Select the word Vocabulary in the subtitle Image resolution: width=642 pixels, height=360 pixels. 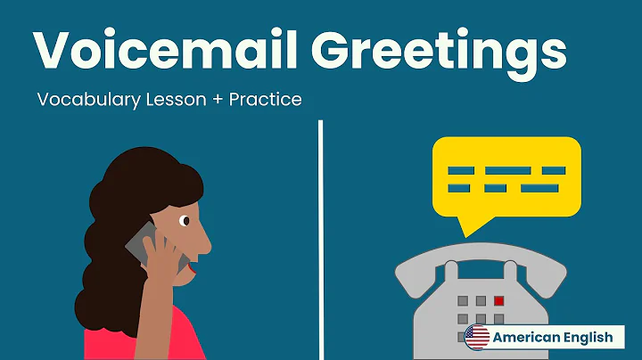(86, 100)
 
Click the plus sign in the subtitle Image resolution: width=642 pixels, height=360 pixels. (216, 100)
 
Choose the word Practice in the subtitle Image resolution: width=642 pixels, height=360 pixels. (265, 100)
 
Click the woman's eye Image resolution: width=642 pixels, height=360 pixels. (184, 220)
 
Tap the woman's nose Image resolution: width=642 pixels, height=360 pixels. (206, 239)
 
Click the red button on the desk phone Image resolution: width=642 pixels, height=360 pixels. (499, 301)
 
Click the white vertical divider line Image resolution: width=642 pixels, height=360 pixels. (320, 241)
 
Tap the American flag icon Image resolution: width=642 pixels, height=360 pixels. (478, 337)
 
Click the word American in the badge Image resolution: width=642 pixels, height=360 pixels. (526, 337)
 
